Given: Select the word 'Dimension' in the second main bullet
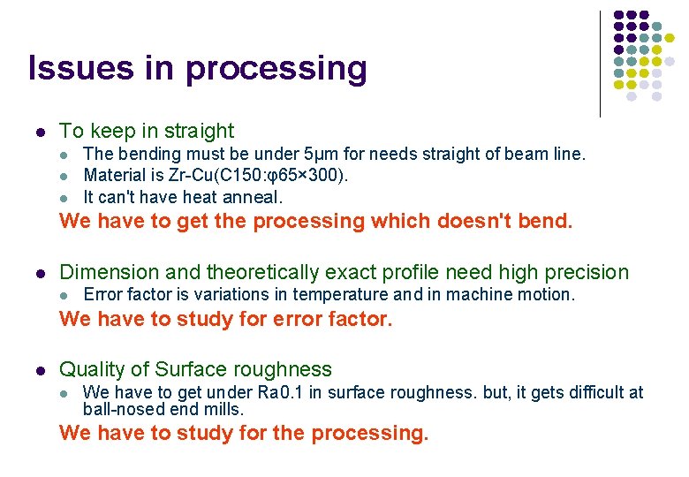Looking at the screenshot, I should pyautogui.click(x=104, y=273).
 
